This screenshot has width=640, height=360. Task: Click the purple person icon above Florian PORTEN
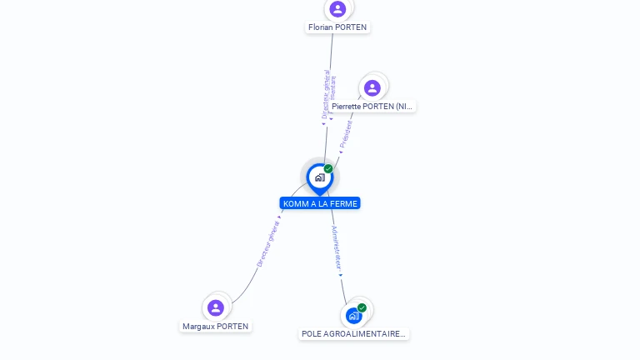[337, 9]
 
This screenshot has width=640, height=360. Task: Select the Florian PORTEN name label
[337, 27]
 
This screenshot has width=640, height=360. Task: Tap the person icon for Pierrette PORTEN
[372, 87]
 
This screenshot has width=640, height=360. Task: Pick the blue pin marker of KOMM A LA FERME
[319, 177]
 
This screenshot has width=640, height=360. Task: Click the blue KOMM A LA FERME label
[320, 203]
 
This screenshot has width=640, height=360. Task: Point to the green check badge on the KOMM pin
[328, 169]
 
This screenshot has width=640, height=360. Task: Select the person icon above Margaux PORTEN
[216, 307]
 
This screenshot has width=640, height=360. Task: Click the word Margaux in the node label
[198, 327]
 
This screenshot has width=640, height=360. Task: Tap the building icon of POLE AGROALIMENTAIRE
[353, 316]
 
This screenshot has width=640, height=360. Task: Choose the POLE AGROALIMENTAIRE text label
[353, 334]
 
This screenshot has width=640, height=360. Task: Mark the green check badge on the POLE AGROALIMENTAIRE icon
[362, 308]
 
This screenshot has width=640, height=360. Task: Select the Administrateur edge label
[336, 248]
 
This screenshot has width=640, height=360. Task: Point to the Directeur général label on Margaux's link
[267, 242]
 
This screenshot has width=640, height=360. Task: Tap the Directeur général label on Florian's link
[325, 95]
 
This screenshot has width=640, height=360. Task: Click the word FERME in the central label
[343, 203]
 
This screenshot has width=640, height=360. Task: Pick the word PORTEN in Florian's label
[351, 27]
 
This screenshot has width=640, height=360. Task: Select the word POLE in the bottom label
[312, 334]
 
